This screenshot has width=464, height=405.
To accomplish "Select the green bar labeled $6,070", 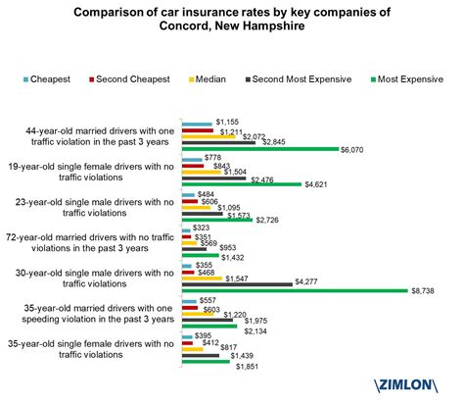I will pyautogui.click(x=259, y=149).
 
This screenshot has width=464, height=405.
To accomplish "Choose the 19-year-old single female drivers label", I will pyautogui.click(x=95, y=172).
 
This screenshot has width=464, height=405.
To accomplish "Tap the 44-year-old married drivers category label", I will pyautogui.click(x=95, y=136).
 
